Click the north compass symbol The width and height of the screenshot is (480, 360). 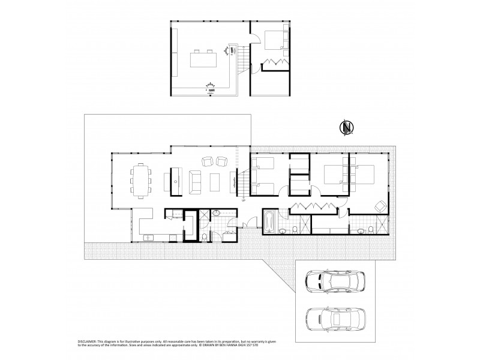tap(346, 128)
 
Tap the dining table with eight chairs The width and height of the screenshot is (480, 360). tap(141, 181)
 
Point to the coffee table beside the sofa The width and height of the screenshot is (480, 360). tap(215, 181)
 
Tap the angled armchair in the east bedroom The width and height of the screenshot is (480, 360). tap(380, 206)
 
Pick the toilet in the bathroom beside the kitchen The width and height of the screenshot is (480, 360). tap(205, 236)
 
